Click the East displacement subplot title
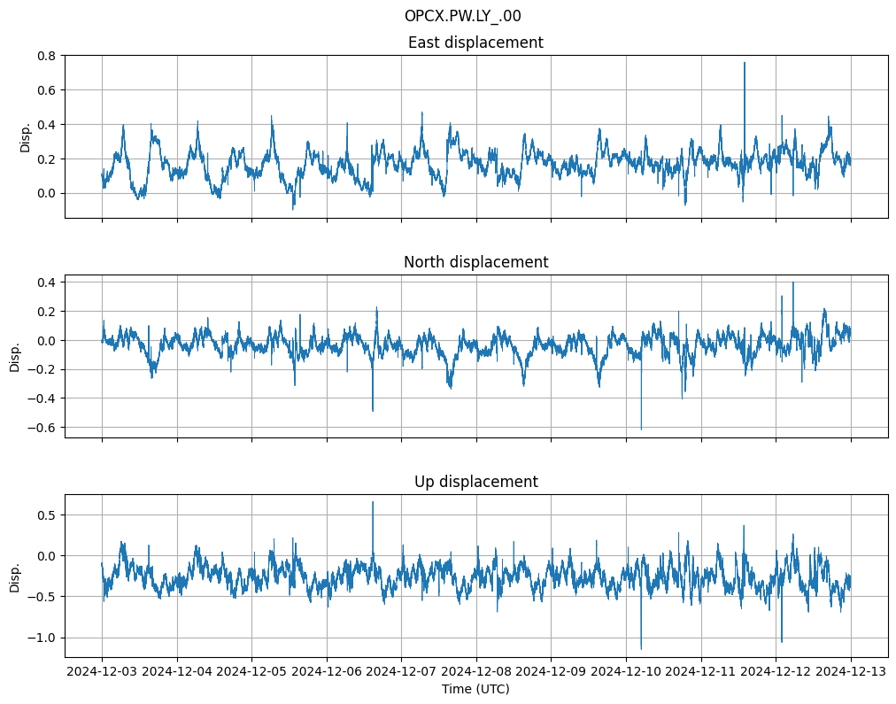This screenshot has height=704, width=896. click(475, 43)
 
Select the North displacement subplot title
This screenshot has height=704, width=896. click(475, 262)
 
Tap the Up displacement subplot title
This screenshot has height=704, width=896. click(475, 482)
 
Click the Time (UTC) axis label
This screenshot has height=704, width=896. click(475, 688)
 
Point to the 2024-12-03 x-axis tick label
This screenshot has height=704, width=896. click(102, 671)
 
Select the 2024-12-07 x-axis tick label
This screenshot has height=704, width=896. click(401, 671)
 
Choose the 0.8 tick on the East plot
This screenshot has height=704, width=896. click(46, 56)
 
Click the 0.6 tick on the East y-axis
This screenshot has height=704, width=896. click(46, 90)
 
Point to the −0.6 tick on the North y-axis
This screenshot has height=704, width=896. click(42, 427)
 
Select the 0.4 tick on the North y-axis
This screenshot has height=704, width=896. click(46, 282)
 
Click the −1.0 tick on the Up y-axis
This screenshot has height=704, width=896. click(42, 638)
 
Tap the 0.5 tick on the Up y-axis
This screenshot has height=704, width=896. click(46, 515)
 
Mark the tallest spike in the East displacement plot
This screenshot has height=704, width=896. click(745, 63)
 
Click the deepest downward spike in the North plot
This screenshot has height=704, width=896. click(641, 429)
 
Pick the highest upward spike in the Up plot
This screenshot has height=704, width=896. click(373, 502)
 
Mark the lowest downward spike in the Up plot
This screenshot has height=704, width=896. click(641, 648)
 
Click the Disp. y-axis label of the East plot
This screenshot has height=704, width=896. click(26, 137)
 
